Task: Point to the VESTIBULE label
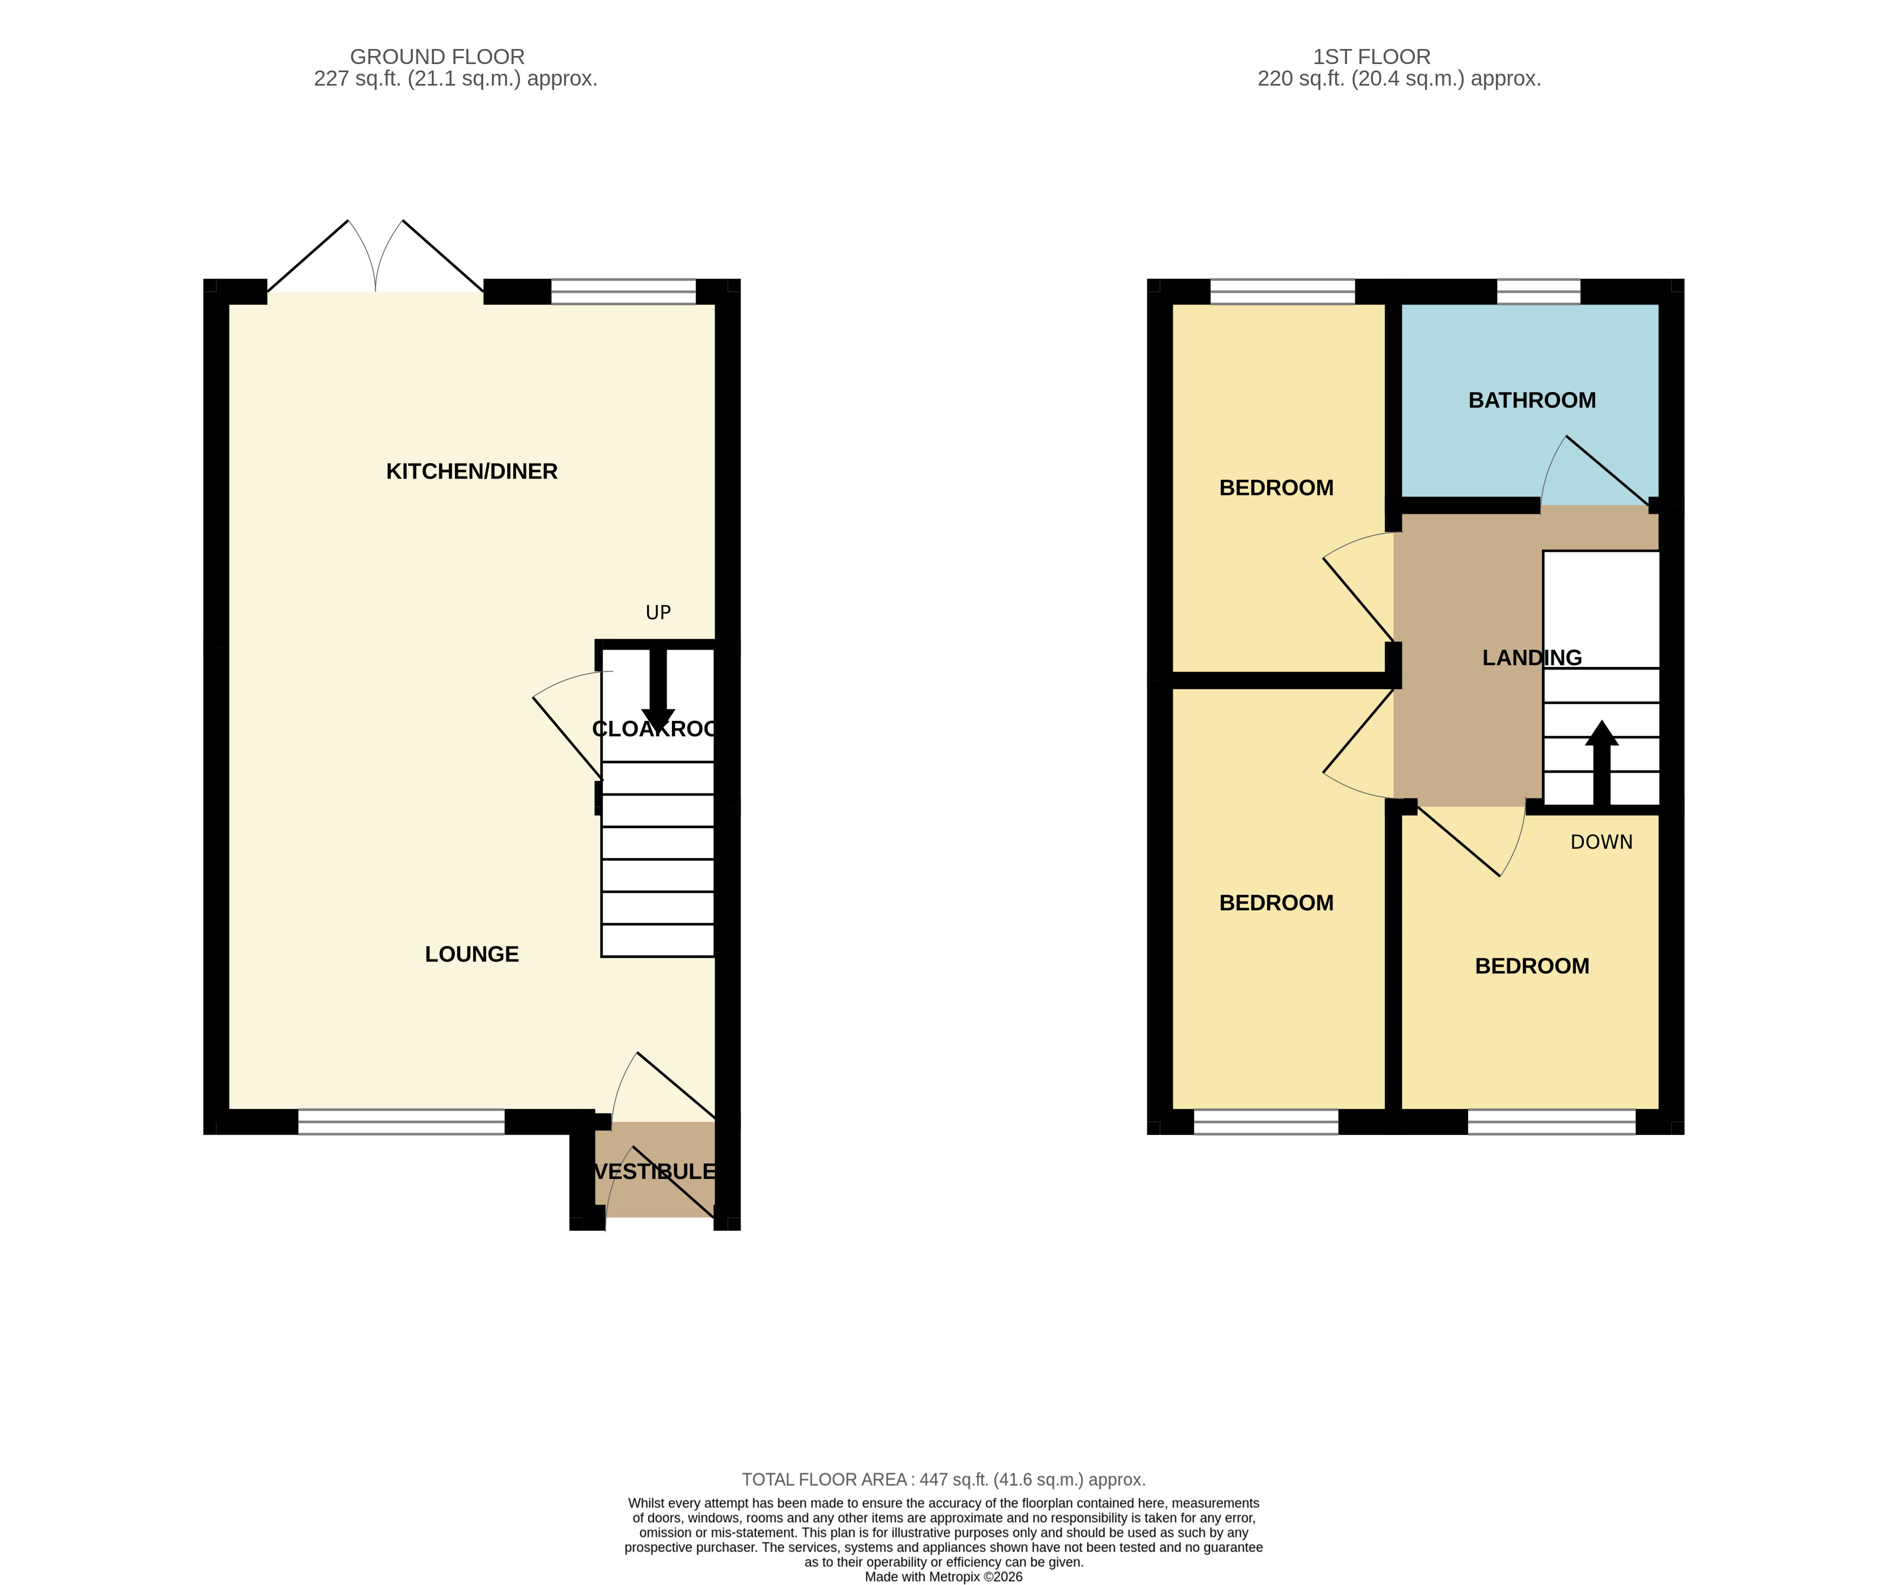click(655, 1172)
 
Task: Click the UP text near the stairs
click(658, 612)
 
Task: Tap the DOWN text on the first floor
click(1601, 841)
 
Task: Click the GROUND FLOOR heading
click(437, 57)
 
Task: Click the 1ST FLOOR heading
click(1371, 57)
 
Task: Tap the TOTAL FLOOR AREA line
click(943, 1479)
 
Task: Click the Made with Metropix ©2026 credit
click(943, 1576)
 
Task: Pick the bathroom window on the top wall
click(1538, 291)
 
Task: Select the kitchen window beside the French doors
click(623, 291)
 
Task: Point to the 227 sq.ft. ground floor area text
click(455, 79)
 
